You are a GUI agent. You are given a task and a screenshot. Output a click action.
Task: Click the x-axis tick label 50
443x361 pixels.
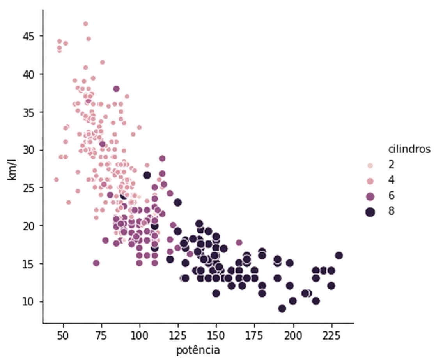coord(63,336)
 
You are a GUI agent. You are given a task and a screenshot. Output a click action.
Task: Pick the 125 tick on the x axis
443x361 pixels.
coord(178,336)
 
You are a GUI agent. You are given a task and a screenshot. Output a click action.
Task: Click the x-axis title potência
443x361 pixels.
coord(198,350)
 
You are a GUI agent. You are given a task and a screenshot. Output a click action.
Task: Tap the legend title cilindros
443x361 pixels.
coord(409,149)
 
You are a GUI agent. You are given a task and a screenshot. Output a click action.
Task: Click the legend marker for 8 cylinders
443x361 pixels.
coord(370,212)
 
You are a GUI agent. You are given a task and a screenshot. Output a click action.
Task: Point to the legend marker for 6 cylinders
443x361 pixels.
coord(370,196)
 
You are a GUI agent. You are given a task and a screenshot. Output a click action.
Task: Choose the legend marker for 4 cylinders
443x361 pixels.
coord(370,181)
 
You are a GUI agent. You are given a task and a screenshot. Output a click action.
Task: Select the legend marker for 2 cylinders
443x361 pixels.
coord(370,165)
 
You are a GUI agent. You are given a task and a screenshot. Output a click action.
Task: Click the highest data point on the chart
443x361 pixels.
coord(85,24)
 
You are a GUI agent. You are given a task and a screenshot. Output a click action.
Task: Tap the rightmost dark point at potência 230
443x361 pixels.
coord(339,256)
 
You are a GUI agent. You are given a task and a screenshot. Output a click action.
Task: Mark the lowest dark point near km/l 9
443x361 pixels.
coord(282,308)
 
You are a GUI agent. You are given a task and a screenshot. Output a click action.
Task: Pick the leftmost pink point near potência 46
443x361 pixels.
coord(56,180)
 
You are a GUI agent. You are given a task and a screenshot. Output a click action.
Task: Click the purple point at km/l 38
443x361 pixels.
coord(116,89)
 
